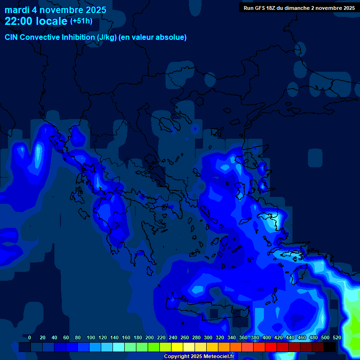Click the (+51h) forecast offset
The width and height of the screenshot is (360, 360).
(x=81, y=21)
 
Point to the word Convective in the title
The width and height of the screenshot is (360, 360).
(x=41, y=37)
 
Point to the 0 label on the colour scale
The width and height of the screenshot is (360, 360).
(x=30, y=337)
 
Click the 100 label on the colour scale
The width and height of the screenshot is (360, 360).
(x=91, y=337)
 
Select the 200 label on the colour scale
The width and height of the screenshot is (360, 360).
(x=150, y=337)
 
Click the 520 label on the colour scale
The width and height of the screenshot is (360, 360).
(x=337, y=337)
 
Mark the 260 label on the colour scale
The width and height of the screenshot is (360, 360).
(x=185, y=337)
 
